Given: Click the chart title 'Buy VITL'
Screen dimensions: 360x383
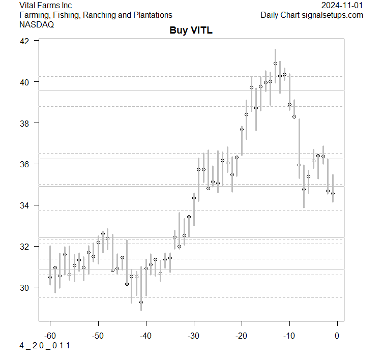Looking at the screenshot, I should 191,31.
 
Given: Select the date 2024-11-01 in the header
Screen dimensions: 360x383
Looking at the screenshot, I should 342,5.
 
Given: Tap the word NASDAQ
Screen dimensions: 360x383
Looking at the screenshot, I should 37,24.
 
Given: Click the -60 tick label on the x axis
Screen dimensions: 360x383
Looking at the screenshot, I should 50,336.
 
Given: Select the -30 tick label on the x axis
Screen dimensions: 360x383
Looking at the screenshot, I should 193,336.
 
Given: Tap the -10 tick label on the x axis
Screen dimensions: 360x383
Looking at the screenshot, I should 289,336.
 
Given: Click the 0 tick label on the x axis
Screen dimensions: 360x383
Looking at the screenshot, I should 337,336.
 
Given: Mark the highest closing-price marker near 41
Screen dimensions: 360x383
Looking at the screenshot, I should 275,64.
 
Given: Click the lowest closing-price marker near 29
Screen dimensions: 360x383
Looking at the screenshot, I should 141,302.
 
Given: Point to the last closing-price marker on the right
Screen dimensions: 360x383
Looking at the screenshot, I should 333,193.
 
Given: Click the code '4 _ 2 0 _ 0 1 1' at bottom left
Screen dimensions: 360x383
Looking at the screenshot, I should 45,346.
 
